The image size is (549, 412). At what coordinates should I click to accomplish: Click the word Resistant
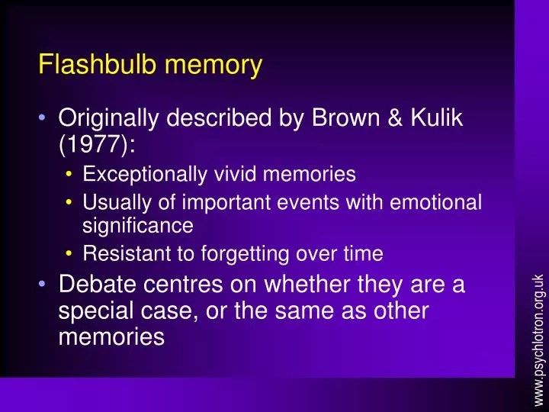click(x=121, y=253)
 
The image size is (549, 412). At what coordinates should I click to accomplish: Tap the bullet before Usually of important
click(x=71, y=203)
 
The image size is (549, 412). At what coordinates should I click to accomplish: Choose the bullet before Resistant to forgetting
click(x=71, y=253)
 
